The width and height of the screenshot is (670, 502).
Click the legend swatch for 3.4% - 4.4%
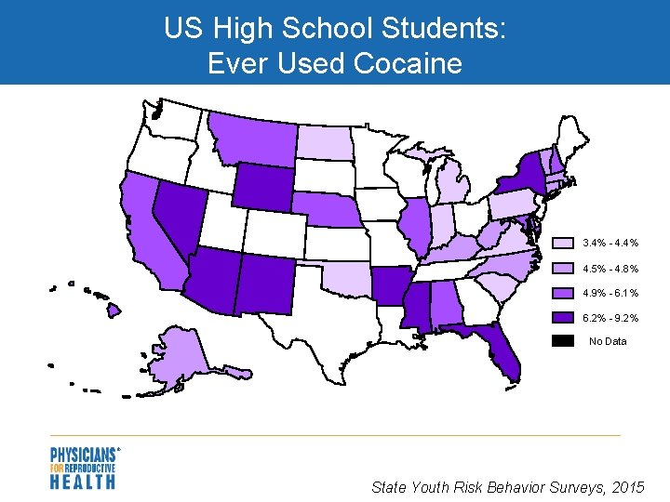[x=563, y=243]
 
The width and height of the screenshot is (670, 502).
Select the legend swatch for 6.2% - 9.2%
[x=563, y=317]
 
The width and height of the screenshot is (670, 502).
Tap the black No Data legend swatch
[x=563, y=341]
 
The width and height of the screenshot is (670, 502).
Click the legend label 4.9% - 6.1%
[x=610, y=293]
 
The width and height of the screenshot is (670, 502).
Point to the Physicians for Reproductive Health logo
[x=84, y=468]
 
